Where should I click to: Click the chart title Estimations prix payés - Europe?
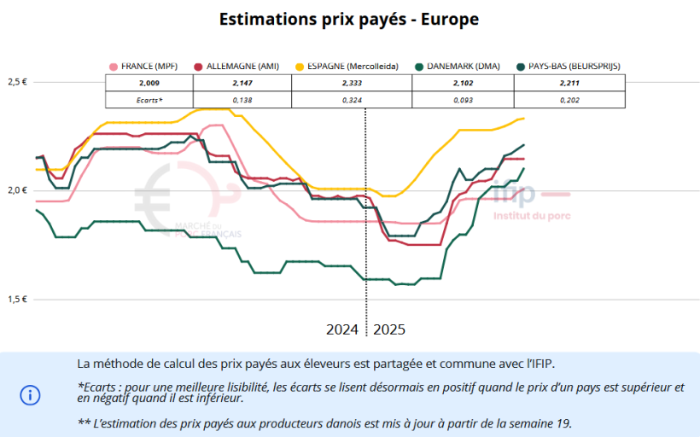click(x=349, y=19)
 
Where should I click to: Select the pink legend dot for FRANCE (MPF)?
click(x=113, y=66)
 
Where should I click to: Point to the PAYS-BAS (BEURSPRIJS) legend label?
click(x=574, y=66)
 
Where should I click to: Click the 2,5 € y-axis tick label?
click(x=18, y=82)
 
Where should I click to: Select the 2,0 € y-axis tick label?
click(x=18, y=190)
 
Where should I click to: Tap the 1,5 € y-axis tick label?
click(x=18, y=299)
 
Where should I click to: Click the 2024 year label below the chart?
click(x=342, y=329)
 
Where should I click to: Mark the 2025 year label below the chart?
click(x=389, y=329)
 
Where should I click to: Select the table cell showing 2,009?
click(x=149, y=83)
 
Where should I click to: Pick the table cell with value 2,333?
click(x=358, y=83)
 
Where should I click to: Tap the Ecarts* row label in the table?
click(x=149, y=100)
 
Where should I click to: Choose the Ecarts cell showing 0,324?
click(x=358, y=100)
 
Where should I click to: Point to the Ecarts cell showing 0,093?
click(x=463, y=100)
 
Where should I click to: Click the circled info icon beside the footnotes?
click(x=30, y=394)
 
